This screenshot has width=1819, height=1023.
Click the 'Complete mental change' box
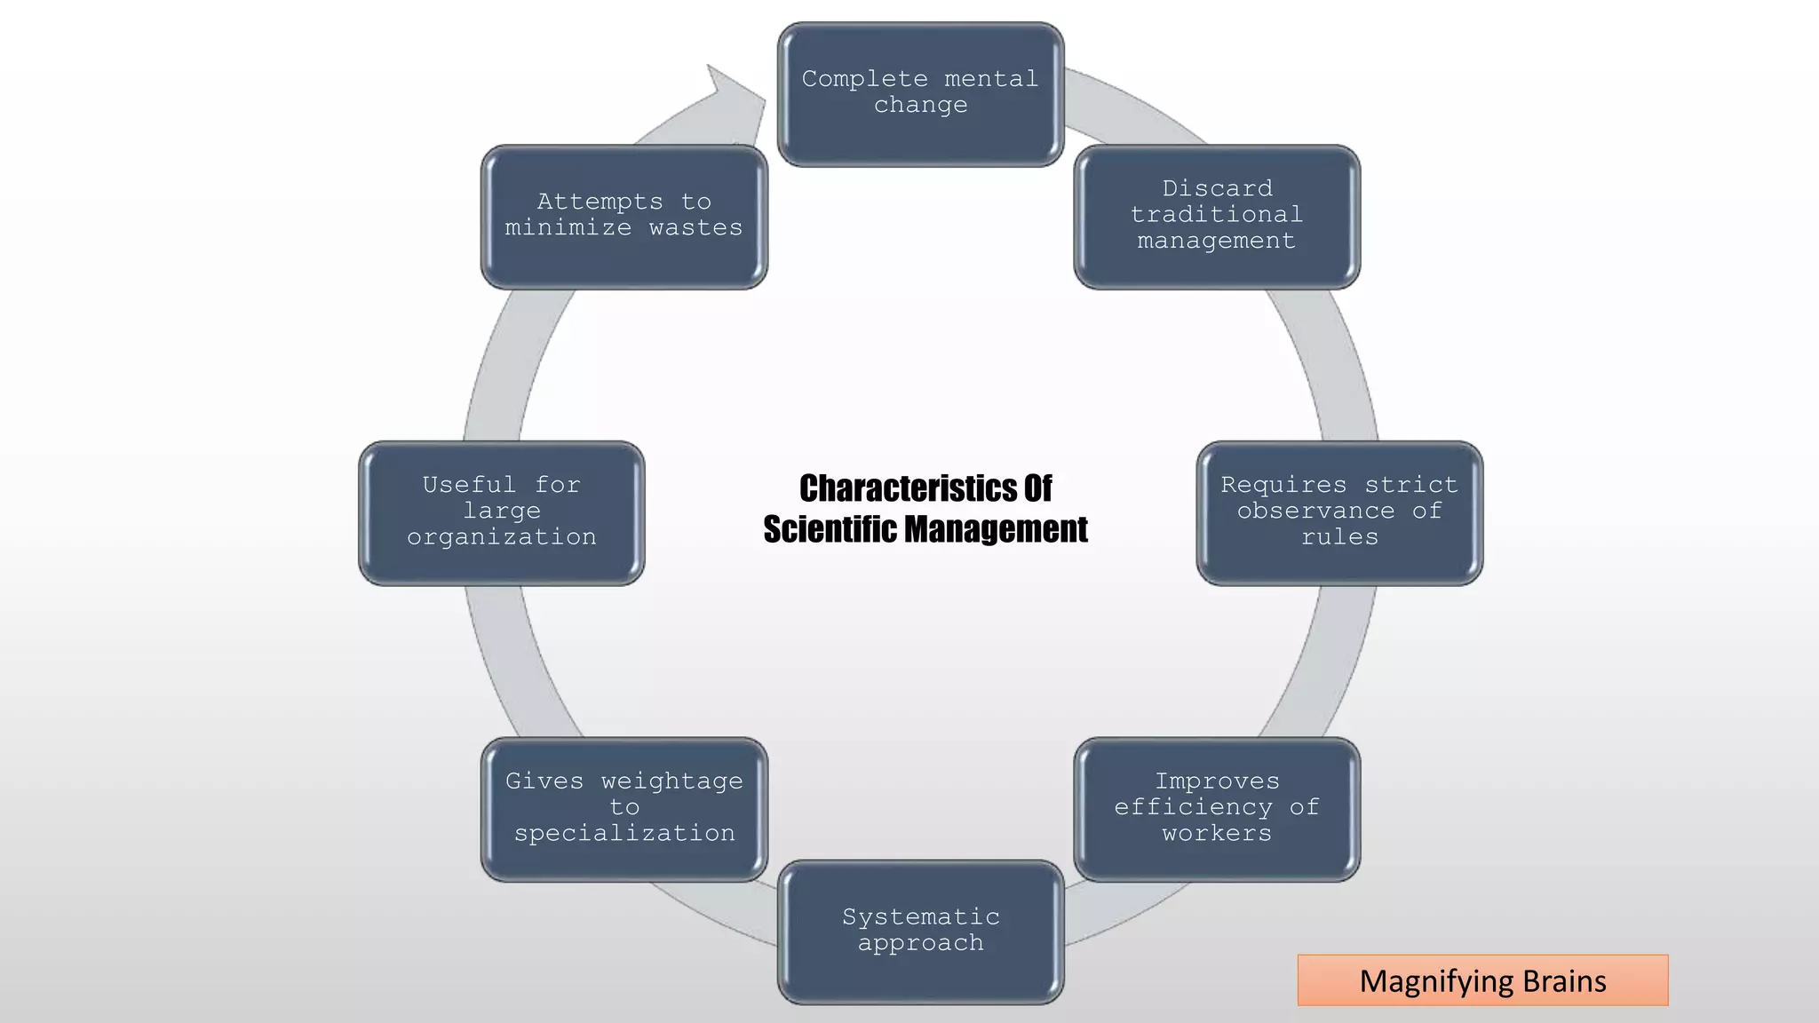coord(920,93)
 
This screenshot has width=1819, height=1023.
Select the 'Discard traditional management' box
coord(1216,216)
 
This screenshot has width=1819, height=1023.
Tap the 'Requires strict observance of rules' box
coord(1339,512)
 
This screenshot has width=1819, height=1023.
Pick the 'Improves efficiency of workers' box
coord(1216,808)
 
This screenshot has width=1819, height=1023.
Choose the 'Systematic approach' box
coord(920,931)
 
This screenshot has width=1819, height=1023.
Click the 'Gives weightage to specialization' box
coord(624,808)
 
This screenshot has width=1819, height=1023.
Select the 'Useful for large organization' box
coord(501,512)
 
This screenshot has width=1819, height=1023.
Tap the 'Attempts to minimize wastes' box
coord(624,216)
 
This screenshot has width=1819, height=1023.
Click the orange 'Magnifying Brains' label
coord(1482,980)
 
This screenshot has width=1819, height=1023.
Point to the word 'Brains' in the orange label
coord(1564,981)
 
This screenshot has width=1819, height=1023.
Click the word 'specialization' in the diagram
coord(624,834)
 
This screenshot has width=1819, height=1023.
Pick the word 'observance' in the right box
coord(1315,511)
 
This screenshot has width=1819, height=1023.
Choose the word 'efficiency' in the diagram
coord(1194,807)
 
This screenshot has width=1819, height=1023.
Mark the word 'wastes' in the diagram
coord(695,228)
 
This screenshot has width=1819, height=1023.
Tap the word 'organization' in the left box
coord(502,537)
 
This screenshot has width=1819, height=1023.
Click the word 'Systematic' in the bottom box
coord(920,916)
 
